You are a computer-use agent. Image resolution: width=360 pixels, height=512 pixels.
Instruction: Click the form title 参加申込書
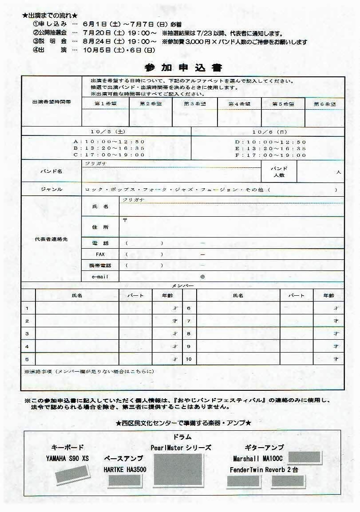183,68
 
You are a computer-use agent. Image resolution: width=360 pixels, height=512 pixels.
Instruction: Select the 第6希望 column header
324,103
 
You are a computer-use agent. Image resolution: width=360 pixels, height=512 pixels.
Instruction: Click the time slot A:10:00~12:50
109,142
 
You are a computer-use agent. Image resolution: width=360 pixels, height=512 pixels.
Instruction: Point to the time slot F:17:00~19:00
270,155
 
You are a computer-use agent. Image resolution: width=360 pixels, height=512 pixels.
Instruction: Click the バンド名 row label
51,171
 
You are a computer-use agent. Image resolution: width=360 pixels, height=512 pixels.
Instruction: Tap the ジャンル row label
51,190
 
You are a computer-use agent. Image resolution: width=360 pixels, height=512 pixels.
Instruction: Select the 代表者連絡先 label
51,239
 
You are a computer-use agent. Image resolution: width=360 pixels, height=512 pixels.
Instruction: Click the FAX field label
100,254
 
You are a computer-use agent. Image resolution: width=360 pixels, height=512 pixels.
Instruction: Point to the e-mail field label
100,276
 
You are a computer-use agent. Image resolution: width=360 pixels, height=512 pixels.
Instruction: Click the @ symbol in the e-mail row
202,276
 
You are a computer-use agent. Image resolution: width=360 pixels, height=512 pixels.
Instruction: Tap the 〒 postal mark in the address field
125,220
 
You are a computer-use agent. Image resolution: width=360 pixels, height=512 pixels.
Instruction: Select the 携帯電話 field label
100,265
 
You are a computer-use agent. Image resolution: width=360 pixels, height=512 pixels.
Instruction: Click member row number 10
189,359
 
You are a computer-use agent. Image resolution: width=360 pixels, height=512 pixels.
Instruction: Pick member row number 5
28,359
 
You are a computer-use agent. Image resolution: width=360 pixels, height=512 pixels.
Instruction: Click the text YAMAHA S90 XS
67,458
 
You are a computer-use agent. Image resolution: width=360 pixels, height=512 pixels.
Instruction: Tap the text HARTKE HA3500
125,469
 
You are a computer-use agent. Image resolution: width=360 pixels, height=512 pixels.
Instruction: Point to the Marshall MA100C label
258,458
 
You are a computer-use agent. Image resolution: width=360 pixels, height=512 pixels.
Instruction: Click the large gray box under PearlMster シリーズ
178,469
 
